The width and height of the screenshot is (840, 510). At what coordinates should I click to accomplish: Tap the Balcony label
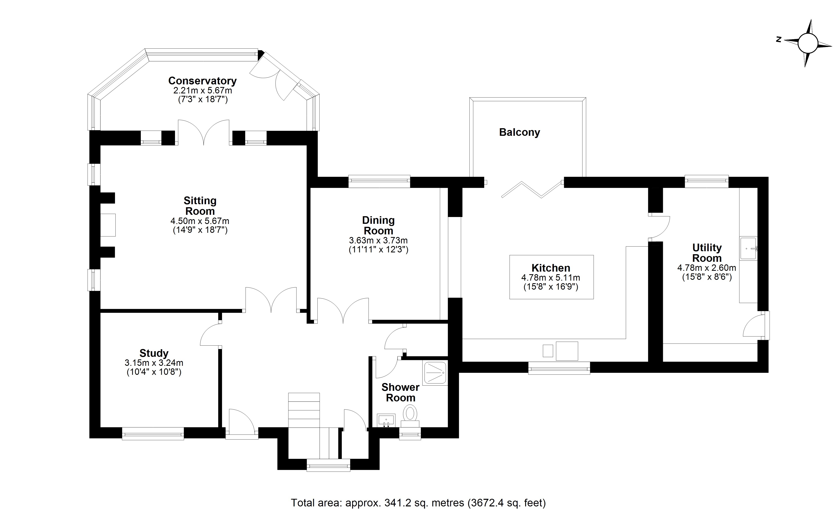[520, 132]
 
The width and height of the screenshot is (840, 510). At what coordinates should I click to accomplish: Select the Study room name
[154, 353]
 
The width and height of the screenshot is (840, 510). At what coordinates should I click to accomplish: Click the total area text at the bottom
[418, 503]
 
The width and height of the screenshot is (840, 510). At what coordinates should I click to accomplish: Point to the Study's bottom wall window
[153, 434]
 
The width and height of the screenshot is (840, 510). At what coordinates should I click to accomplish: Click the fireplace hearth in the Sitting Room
[108, 225]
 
